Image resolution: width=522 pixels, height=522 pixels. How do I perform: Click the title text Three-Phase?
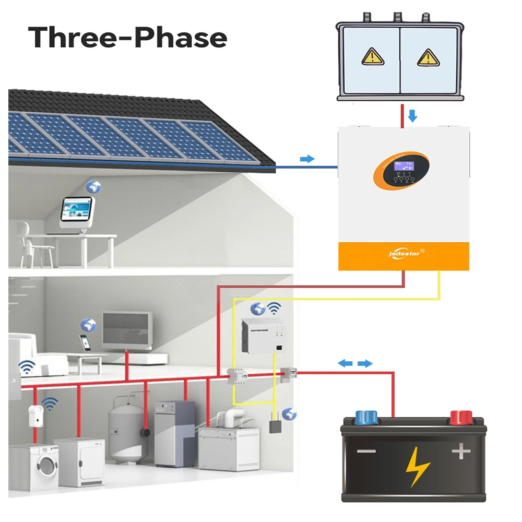(x=128, y=38)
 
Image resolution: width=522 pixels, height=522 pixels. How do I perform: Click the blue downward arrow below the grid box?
(x=412, y=115)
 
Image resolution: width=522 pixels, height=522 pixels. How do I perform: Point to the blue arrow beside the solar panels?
(x=308, y=159)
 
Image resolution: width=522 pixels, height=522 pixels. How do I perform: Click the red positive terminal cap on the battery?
(x=461, y=417)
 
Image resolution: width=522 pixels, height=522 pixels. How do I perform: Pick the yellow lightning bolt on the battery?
(x=418, y=465)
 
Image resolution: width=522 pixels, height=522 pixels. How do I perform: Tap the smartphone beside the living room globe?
(x=84, y=342)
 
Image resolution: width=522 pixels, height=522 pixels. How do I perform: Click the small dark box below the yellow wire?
(x=274, y=425)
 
